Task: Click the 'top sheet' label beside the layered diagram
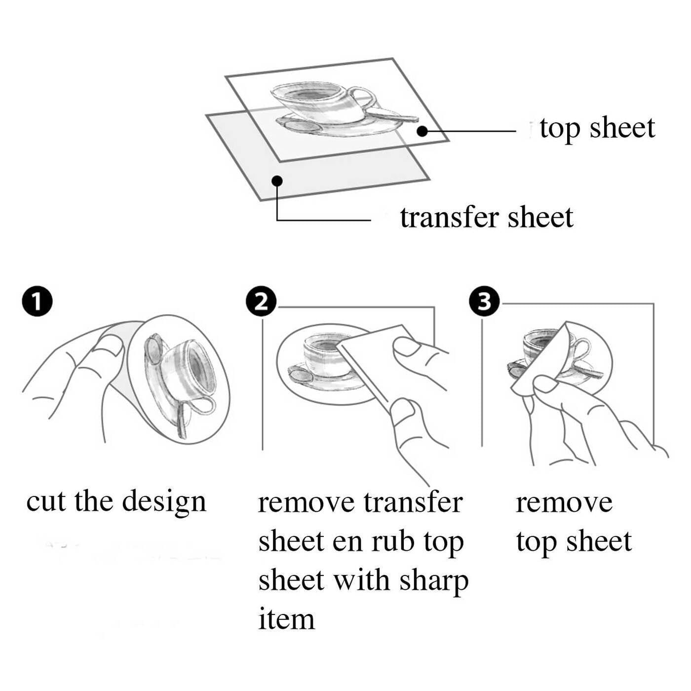pyautogui.click(x=597, y=128)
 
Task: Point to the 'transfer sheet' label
pyautogui.click(x=487, y=218)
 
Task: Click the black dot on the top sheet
pyautogui.click(x=423, y=131)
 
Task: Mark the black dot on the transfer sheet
pyautogui.click(x=277, y=181)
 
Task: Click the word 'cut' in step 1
pyautogui.click(x=46, y=501)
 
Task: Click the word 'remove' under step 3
pyautogui.click(x=564, y=503)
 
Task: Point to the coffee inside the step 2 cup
pyautogui.click(x=324, y=345)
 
